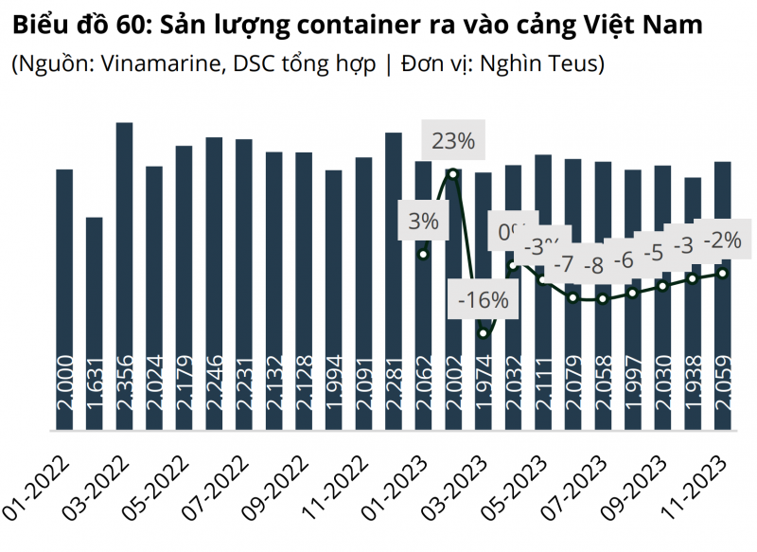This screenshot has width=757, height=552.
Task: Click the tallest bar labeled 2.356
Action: coord(124,275)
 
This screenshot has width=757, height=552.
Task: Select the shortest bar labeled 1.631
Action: coord(94,322)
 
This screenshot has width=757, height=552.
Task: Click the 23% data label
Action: coord(452,142)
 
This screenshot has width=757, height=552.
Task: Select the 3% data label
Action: coord(423,222)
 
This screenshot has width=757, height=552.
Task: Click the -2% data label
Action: coord(722,240)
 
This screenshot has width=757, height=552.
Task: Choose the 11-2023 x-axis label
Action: coord(695,487)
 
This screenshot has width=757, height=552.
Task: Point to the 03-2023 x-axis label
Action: coord(454,487)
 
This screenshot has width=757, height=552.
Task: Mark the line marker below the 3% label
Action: coord(423,254)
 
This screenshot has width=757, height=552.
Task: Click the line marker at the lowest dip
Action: coord(484,333)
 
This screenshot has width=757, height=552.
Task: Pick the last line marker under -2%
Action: coord(723,274)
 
